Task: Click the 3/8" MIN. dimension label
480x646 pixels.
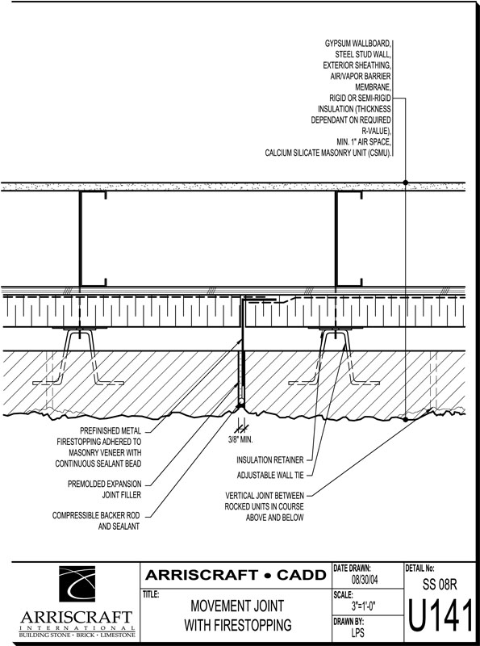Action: click(240, 439)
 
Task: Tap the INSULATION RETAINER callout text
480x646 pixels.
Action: click(270, 459)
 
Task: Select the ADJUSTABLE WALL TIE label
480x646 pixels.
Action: click(270, 476)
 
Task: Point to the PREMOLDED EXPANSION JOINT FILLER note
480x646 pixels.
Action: click(105, 489)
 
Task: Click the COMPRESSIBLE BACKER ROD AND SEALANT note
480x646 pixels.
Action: click(96, 521)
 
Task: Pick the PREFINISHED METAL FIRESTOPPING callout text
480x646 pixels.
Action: click(98, 447)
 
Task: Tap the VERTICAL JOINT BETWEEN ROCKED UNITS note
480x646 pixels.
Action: click(265, 506)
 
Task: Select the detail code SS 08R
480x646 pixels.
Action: click(440, 584)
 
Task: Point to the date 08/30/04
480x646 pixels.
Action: click(365, 580)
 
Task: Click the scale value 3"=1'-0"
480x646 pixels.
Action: click(364, 606)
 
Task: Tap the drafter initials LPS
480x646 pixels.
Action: click(357, 632)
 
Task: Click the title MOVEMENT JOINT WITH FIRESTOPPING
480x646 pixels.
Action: click(237, 615)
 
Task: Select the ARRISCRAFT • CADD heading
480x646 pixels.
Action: click(236, 575)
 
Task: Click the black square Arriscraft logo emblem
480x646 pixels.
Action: click(77, 584)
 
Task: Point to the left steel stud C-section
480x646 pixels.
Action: click(93, 239)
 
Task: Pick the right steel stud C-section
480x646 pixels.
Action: click(349, 239)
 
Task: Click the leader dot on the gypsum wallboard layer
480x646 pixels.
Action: click(406, 182)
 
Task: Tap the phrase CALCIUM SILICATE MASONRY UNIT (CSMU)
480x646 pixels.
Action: click(328, 153)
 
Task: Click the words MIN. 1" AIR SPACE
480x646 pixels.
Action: click(364, 142)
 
